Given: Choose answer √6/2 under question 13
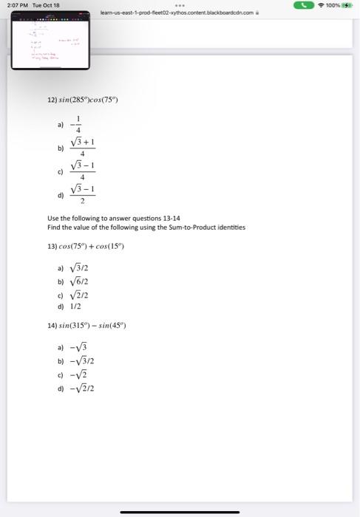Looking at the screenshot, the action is [x=78, y=283].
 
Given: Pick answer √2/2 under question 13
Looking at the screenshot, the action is [x=78, y=295].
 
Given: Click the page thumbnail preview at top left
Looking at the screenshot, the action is [x=50, y=44].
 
